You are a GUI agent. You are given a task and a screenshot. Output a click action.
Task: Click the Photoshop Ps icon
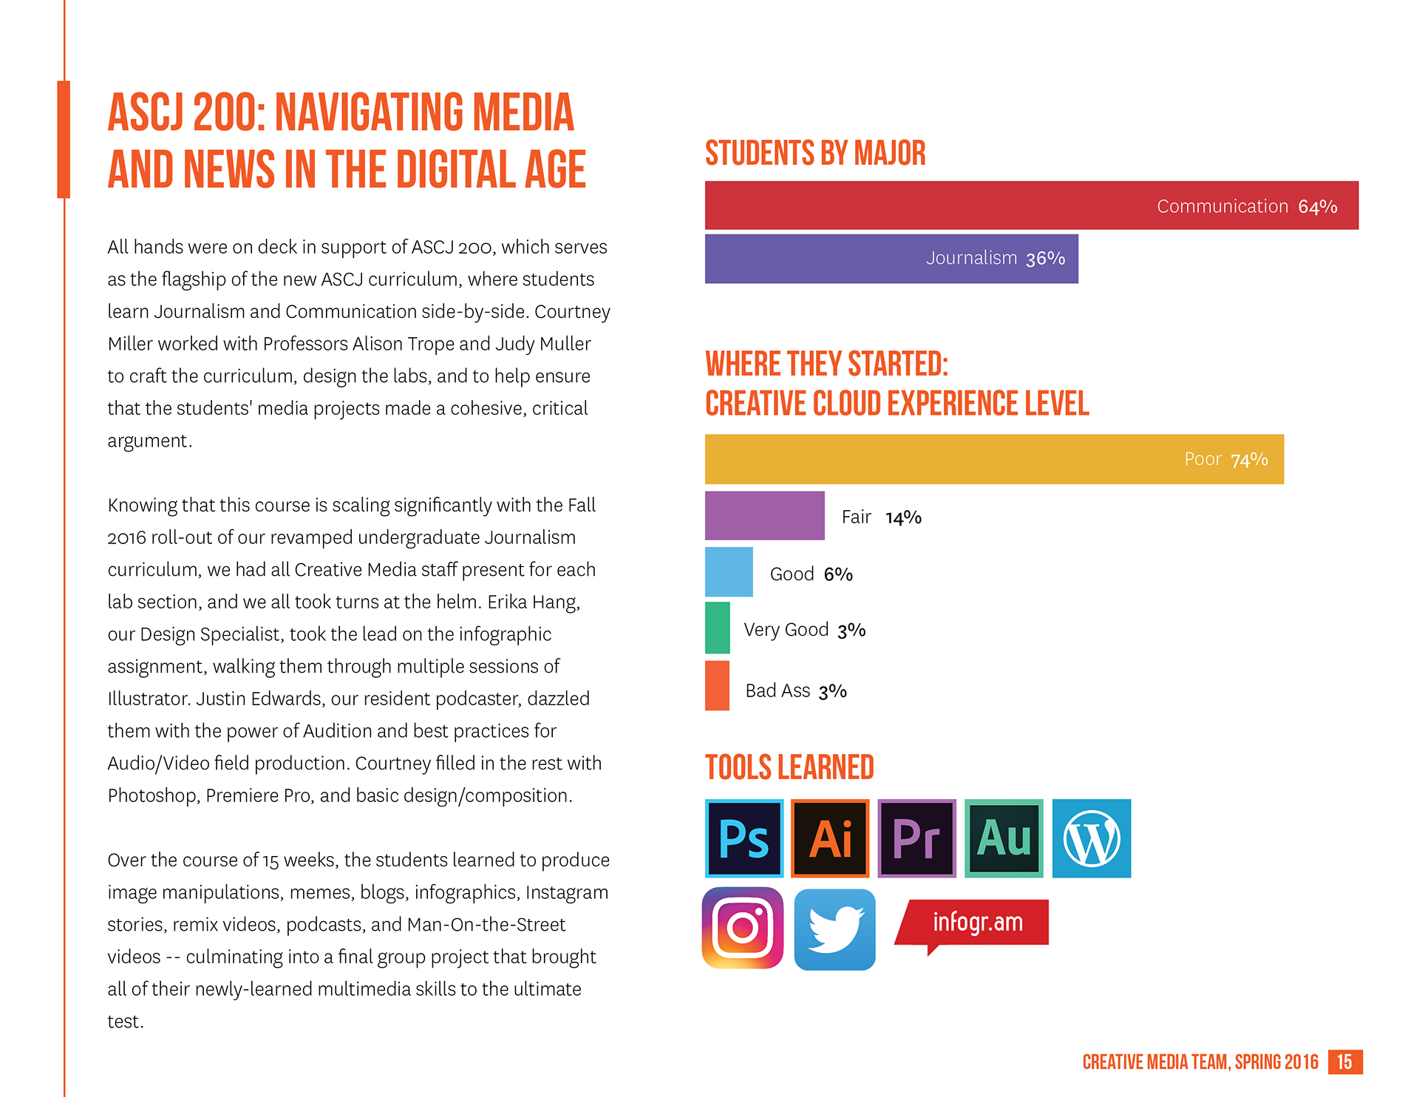744,838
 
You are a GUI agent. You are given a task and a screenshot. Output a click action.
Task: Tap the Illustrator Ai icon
830,838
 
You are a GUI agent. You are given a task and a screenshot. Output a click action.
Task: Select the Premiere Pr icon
916,838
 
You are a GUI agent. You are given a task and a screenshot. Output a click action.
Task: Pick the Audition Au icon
1004,838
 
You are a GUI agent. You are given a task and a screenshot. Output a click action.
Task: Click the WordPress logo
1092,838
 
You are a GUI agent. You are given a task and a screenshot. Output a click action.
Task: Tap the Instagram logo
743,928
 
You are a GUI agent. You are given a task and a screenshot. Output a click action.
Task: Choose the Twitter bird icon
835,929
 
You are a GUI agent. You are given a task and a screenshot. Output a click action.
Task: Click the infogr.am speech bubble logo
974,923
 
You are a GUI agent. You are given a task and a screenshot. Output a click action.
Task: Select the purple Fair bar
764,515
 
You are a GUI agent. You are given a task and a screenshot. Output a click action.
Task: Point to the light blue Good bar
729,571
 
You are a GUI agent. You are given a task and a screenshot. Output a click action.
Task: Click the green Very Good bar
717,628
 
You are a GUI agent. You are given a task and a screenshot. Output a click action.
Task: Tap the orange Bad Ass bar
717,685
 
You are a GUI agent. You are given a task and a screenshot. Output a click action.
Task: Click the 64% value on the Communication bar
1318,207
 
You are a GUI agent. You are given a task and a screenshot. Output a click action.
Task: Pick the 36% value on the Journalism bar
1045,259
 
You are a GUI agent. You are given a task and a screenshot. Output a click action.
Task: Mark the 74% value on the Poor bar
1249,460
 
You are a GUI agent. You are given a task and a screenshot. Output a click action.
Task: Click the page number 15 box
1344,1062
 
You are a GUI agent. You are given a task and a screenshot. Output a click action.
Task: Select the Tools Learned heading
789,767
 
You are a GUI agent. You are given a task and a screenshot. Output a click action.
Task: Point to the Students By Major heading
815,153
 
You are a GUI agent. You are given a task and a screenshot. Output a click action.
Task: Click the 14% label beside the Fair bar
903,517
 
